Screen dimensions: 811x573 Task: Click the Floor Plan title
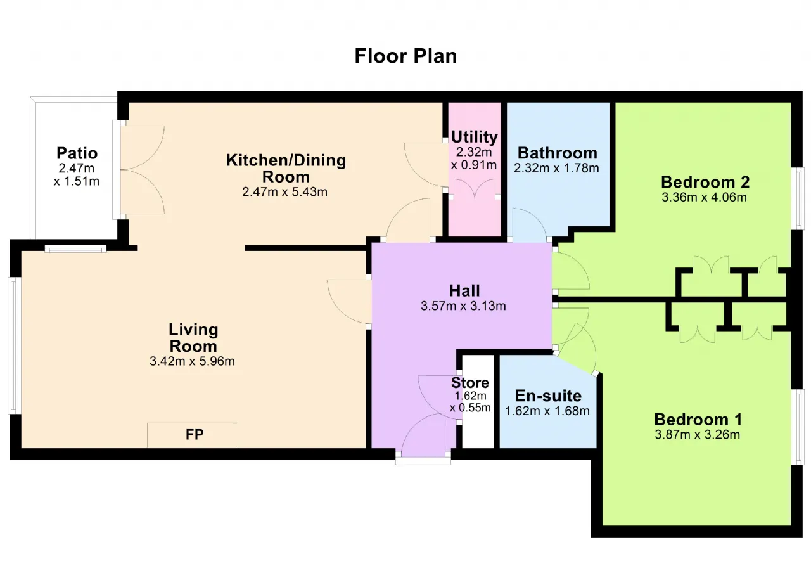(x=405, y=56)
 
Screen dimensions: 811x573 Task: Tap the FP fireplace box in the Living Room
(x=193, y=435)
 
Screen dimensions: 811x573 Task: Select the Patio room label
(x=77, y=153)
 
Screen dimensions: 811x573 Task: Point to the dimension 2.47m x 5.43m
(x=284, y=191)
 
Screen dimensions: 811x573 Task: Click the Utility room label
(x=475, y=138)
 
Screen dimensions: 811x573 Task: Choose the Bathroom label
(x=558, y=153)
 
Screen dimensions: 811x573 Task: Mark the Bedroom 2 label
(x=705, y=182)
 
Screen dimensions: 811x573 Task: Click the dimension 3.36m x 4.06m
(x=704, y=197)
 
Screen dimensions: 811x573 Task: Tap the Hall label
(x=464, y=290)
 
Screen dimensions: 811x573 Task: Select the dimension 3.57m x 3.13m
(x=463, y=306)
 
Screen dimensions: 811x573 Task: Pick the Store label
(x=470, y=382)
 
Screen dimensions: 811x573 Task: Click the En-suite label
(x=548, y=396)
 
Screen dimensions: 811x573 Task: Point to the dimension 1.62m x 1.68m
(x=547, y=411)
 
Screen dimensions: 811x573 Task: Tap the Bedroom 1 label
(x=698, y=420)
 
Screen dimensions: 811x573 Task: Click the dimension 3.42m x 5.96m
(x=192, y=361)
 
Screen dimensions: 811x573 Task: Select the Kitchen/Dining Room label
(x=286, y=169)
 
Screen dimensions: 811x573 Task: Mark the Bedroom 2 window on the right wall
(x=798, y=198)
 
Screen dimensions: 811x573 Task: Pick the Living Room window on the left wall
(x=14, y=345)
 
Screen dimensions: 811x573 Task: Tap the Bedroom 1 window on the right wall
(x=798, y=427)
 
